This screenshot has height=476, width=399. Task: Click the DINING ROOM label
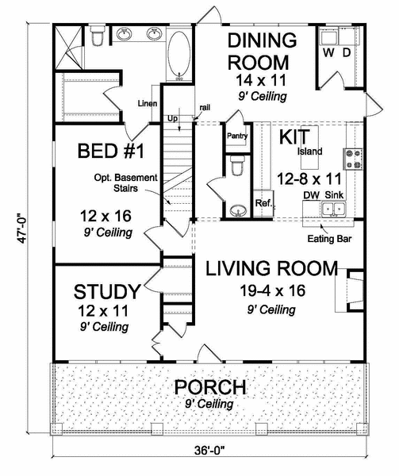pyautogui.click(x=262, y=50)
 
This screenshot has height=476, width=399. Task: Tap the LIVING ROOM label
pyautogui.click(x=271, y=268)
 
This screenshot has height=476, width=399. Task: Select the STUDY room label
pyautogui.click(x=107, y=290)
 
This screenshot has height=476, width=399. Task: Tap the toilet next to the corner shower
pyautogui.click(x=97, y=35)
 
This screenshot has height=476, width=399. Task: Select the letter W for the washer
pyautogui.click(x=328, y=54)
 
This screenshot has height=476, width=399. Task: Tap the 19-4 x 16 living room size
pyautogui.click(x=271, y=290)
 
